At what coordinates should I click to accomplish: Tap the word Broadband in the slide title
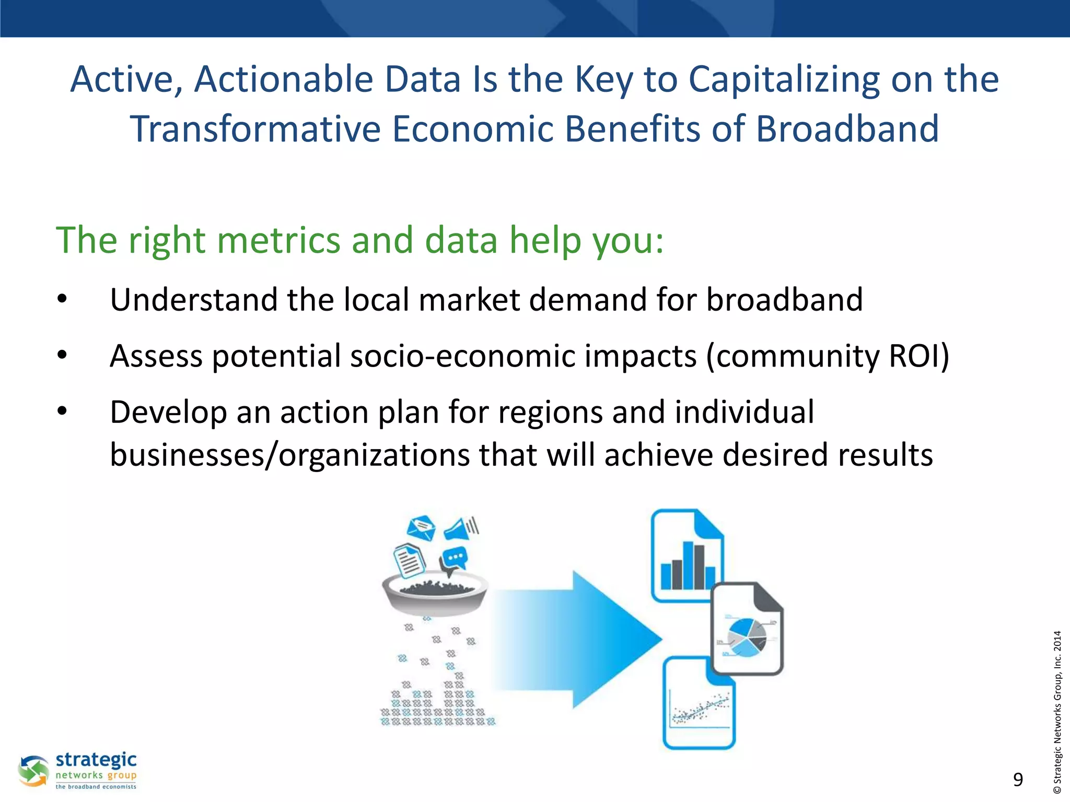click(x=847, y=129)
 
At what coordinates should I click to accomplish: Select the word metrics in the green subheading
click(x=278, y=240)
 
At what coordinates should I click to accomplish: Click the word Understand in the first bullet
click(x=193, y=300)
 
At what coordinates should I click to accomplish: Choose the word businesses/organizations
click(x=290, y=455)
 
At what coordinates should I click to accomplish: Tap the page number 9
click(x=1018, y=780)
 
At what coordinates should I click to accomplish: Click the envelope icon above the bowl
click(x=421, y=528)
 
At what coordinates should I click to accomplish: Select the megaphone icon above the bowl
click(x=461, y=528)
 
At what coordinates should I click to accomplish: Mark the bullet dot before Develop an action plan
click(x=62, y=411)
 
